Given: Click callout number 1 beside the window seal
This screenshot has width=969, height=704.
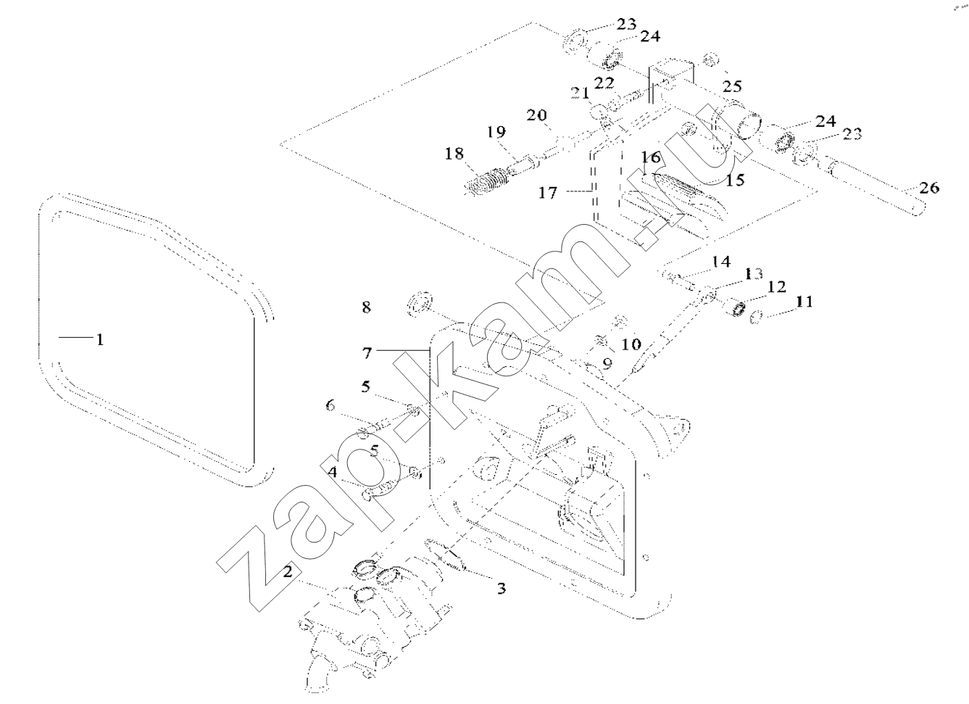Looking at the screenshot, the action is pyautogui.click(x=100, y=339).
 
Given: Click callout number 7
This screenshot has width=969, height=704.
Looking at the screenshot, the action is pyautogui.click(x=367, y=353).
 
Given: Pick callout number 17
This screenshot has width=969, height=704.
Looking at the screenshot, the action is pyautogui.click(x=548, y=193).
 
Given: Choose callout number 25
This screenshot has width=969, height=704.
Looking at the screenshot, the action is pyautogui.click(x=732, y=86).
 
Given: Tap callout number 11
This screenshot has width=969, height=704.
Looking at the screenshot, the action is pyautogui.click(x=804, y=301).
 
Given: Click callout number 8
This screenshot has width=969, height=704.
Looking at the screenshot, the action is pyautogui.click(x=367, y=307).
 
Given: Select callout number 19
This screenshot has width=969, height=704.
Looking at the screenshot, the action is pyautogui.click(x=496, y=131).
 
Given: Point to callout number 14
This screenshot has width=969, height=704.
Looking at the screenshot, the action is pyautogui.click(x=721, y=261).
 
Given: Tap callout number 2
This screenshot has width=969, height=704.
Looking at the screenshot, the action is pyautogui.click(x=288, y=571).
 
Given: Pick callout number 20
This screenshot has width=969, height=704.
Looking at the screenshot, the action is pyautogui.click(x=536, y=115).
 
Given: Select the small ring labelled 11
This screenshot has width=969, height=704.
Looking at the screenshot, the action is pyautogui.click(x=755, y=318).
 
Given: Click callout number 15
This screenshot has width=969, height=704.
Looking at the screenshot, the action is pyautogui.click(x=734, y=179).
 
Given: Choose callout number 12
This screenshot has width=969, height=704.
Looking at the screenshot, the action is pyautogui.click(x=776, y=286).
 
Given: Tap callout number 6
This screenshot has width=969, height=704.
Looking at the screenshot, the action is pyautogui.click(x=330, y=405).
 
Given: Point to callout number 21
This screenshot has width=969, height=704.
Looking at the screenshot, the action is pyautogui.click(x=580, y=93).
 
